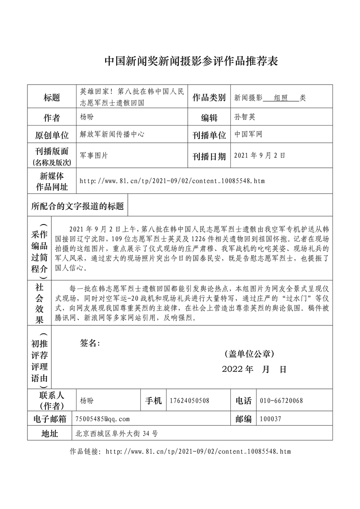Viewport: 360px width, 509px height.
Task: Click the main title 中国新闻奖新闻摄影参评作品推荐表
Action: click(x=191, y=62)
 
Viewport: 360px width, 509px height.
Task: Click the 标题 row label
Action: click(x=52, y=97)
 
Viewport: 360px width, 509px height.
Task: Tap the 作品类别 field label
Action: click(x=209, y=97)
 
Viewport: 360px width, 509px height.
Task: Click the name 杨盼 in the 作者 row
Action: click(x=87, y=117)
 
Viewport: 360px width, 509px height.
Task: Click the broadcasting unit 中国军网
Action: click(x=248, y=134)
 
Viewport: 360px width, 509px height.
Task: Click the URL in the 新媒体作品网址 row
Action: click(x=172, y=181)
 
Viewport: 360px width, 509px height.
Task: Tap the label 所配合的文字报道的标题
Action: click(x=77, y=206)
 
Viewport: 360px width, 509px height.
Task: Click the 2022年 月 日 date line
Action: click(x=254, y=369)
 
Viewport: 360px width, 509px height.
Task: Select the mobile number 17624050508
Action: click(x=190, y=401)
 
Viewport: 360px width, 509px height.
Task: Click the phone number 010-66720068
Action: click(x=282, y=401)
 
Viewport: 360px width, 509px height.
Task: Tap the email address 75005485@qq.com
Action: click(x=103, y=419)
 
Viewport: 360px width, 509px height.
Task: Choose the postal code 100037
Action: click(x=270, y=419)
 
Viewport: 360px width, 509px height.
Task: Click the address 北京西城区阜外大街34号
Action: click(x=117, y=434)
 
